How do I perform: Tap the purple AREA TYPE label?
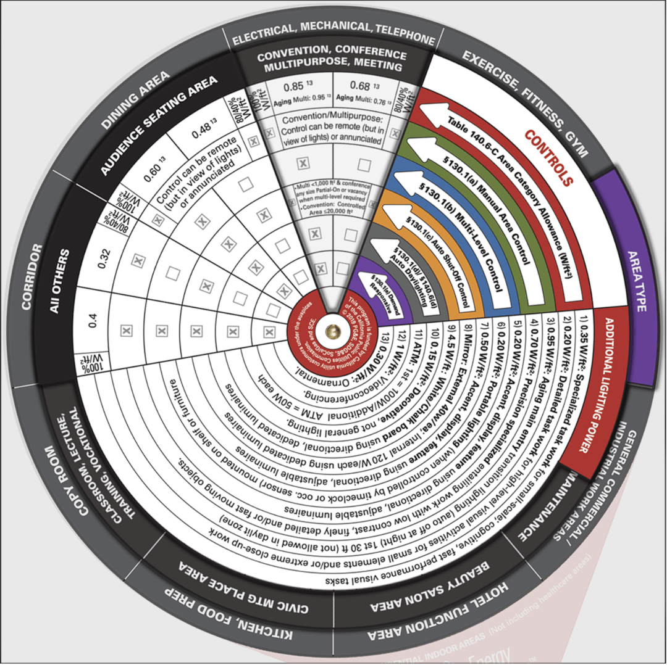[636, 281]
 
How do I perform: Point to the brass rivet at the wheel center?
[334, 331]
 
